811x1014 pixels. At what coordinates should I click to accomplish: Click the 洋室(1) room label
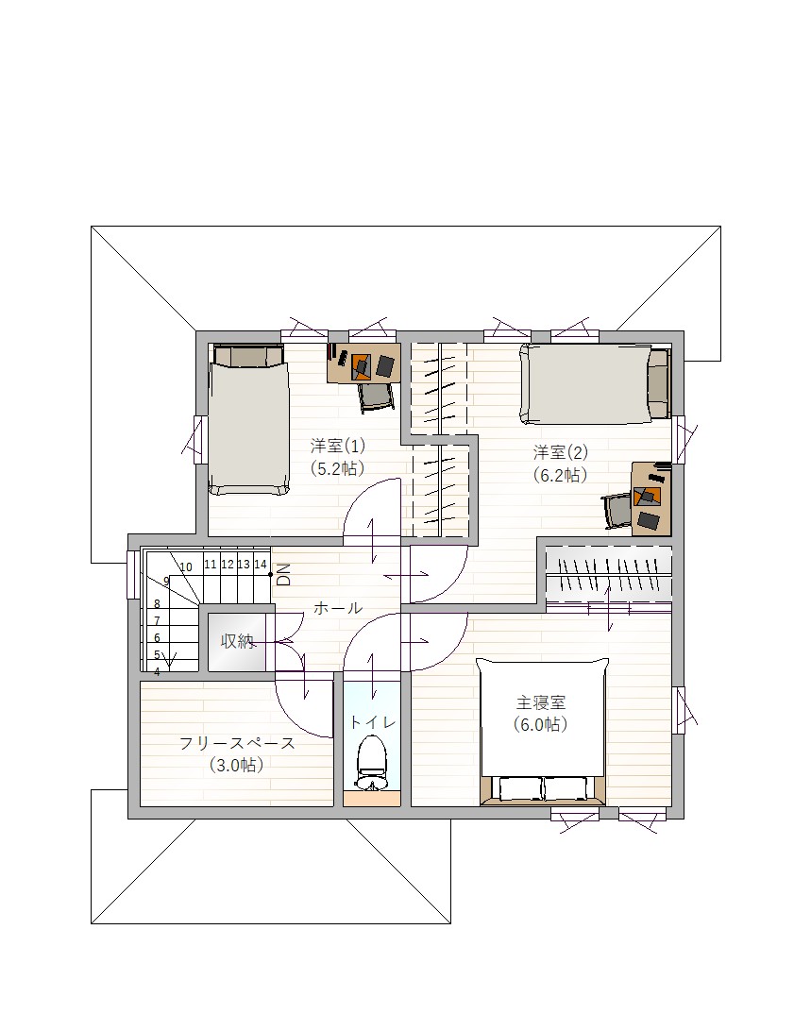click(x=338, y=446)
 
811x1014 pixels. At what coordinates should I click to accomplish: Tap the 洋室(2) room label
click(x=560, y=451)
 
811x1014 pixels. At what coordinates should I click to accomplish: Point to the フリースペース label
click(x=237, y=743)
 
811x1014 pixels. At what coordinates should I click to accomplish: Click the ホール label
click(x=338, y=608)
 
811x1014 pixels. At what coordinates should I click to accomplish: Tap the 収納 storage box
click(x=237, y=641)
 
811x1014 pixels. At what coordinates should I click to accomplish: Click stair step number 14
click(x=260, y=565)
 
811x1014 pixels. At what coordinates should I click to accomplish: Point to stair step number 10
click(x=186, y=567)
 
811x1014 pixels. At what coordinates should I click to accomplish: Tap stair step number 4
click(x=157, y=672)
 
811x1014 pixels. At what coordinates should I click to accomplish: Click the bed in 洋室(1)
click(x=248, y=419)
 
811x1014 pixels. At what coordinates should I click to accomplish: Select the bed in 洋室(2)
click(x=595, y=384)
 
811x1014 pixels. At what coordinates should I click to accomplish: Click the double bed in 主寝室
click(x=542, y=732)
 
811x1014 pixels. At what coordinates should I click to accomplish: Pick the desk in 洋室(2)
click(x=651, y=498)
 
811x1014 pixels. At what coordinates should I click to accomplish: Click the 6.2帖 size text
click(x=560, y=475)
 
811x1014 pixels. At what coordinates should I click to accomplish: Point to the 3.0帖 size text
click(x=237, y=766)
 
